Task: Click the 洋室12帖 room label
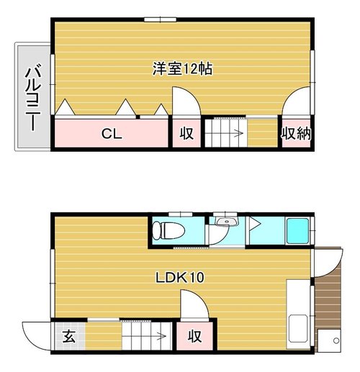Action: click(x=182, y=69)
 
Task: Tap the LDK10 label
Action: click(x=180, y=277)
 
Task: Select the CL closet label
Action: click(x=112, y=134)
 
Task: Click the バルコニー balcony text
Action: click(x=33, y=97)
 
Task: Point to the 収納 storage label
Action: click(x=297, y=133)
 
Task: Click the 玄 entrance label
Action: click(x=69, y=336)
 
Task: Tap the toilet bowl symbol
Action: click(x=168, y=230)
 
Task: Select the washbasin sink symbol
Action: click(x=226, y=222)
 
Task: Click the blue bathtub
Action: click(x=297, y=230)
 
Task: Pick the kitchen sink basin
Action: click(x=298, y=328)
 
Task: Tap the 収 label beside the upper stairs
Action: click(x=186, y=133)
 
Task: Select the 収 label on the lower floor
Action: click(x=194, y=336)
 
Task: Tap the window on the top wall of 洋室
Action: click(x=161, y=19)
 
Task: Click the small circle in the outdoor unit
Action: click(x=336, y=340)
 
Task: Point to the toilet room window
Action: click(x=181, y=214)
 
